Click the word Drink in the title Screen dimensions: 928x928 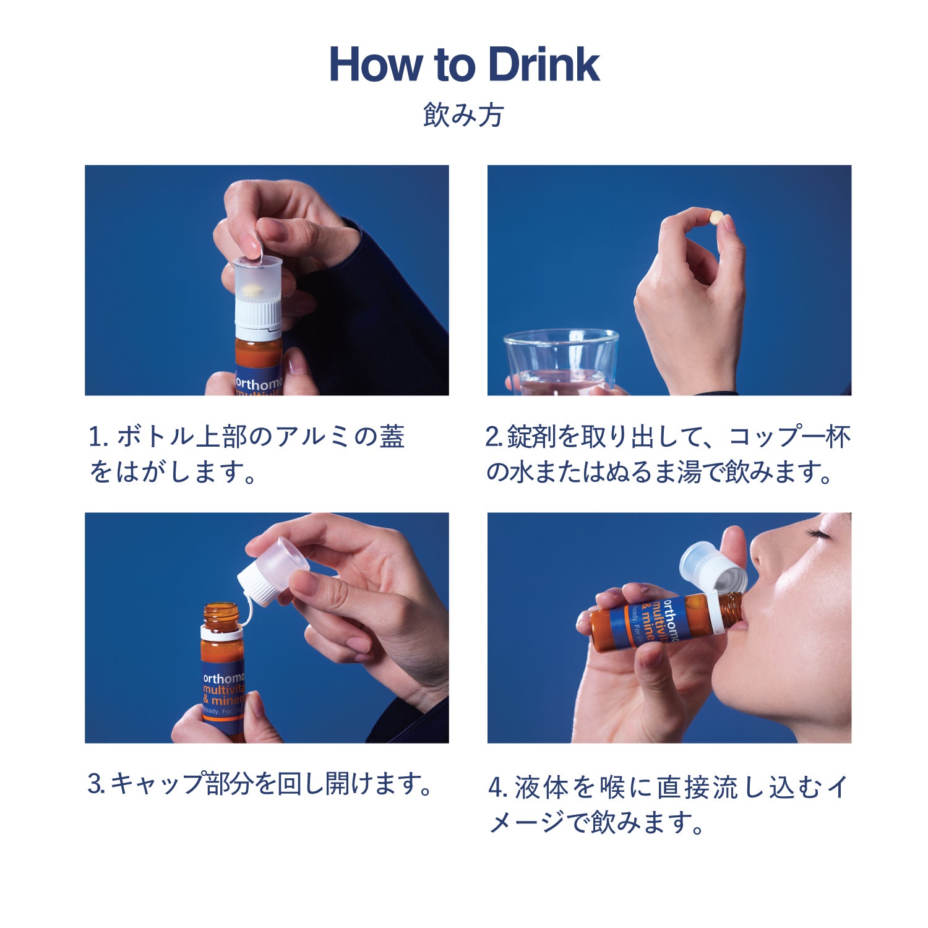[543, 64]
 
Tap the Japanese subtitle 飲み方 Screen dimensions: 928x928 [464, 115]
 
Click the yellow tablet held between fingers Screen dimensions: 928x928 [716, 217]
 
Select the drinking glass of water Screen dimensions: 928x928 [561, 363]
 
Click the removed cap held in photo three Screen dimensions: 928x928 [274, 571]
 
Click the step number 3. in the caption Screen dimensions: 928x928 [97, 784]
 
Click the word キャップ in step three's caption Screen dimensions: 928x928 [157, 784]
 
